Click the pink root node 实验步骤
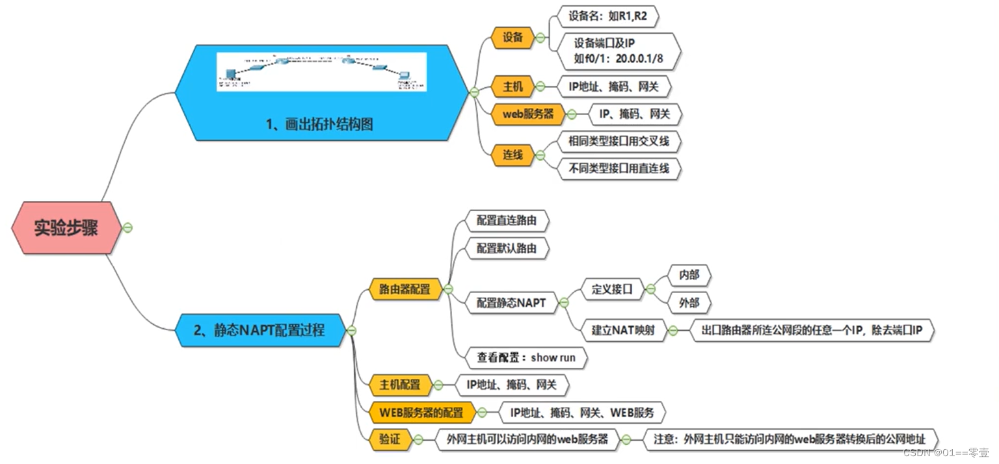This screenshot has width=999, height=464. click(x=66, y=228)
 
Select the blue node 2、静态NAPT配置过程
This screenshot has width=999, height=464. click(x=260, y=330)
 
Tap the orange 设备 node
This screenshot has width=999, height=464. click(x=513, y=38)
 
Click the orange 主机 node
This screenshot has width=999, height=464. click(x=513, y=86)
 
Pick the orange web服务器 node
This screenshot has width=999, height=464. click(x=528, y=114)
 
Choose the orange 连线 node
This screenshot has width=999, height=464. click(x=513, y=155)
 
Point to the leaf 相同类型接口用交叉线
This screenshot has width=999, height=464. click(x=619, y=141)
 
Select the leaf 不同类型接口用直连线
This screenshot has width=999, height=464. click(x=619, y=170)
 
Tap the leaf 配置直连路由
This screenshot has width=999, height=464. click(x=506, y=222)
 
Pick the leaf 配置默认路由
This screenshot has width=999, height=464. click(x=506, y=249)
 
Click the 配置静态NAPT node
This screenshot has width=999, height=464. click(x=511, y=302)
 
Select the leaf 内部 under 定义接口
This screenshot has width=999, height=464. click(x=689, y=276)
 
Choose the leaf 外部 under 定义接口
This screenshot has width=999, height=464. click(x=689, y=303)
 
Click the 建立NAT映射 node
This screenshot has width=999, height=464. click(x=622, y=330)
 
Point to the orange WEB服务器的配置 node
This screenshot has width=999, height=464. click(x=421, y=412)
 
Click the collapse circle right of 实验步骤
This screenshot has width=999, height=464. click(x=128, y=227)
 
